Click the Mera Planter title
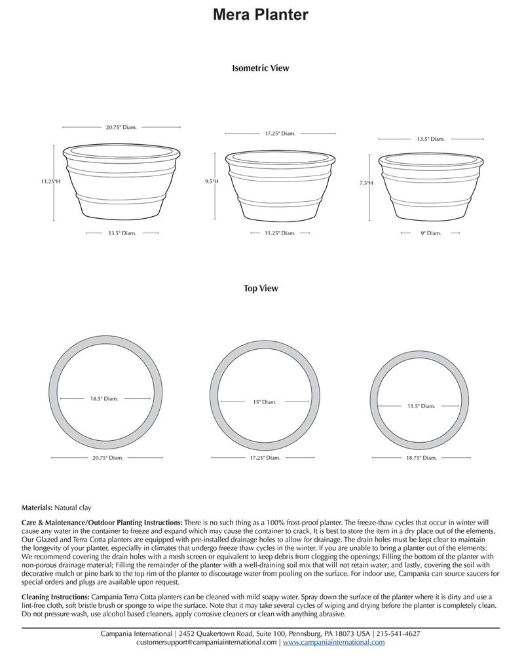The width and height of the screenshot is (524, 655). [x=261, y=15]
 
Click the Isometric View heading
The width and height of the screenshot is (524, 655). [x=261, y=68]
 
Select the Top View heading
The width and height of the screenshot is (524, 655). [x=261, y=288]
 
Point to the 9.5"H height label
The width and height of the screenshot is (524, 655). [x=212, y=181]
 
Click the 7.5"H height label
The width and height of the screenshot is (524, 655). [x=365, y=183]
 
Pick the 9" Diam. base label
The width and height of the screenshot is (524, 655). [x=431, y=233]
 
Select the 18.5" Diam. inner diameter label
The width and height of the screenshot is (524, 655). [x=103, y=398]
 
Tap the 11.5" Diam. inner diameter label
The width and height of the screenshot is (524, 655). [x=421, y=406]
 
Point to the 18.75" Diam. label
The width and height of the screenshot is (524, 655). [x=421, y=457]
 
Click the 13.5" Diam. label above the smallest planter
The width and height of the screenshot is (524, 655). [x=431, y=139]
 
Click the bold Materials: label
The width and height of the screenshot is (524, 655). [x=41, y=508]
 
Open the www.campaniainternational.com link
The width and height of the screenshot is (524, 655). [x=333, y=643]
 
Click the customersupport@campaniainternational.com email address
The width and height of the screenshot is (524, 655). [x=206, y=643]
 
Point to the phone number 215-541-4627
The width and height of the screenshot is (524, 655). [x=398, y=634]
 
